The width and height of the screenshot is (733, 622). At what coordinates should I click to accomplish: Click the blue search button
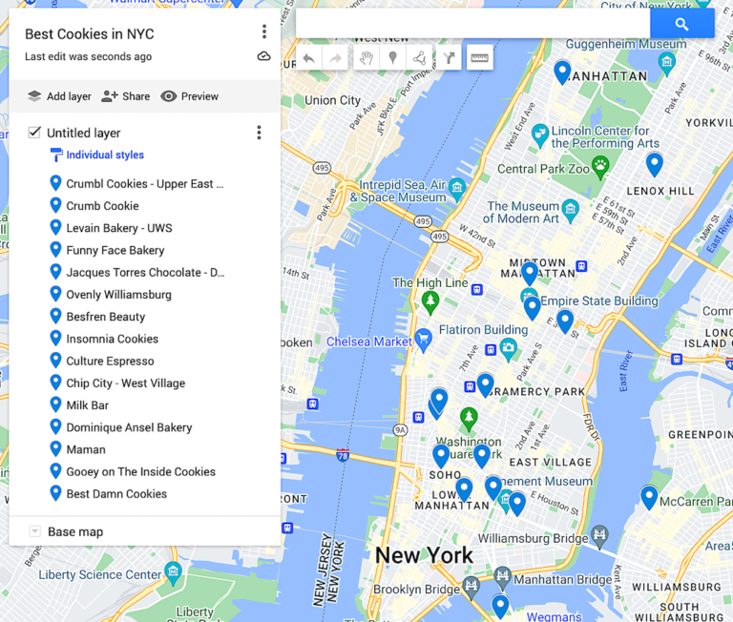[x=681, y=24]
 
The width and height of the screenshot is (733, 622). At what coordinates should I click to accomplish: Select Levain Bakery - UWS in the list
[x=118, y=228]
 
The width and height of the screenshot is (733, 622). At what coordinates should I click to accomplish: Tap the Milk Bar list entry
[x=87, y=405]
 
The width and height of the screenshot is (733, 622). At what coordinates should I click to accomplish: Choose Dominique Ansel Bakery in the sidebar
[x=129, y=427]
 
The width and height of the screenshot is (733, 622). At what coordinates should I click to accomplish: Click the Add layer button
[x=59, y=96]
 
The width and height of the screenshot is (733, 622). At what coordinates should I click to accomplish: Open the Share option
[x=126, y=96]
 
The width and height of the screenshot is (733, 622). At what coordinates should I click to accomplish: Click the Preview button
[x=190, y=96]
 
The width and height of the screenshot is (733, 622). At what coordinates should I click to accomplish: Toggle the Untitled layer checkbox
[x=34, y=133]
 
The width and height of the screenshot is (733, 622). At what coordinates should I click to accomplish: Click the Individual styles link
[x=104, y=155]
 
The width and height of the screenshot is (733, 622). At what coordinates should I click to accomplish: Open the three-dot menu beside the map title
[x=264, y=32]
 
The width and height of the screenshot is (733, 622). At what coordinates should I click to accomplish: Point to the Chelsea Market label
[x=368, y=342]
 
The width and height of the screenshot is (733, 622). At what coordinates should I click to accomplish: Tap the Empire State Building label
[x=599, y=301]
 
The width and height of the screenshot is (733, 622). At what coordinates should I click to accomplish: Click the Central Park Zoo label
[x=542, y=169]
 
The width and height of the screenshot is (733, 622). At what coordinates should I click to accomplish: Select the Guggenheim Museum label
[x=625, y=44]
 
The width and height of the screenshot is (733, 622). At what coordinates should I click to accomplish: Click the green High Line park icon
[x=430, y=302]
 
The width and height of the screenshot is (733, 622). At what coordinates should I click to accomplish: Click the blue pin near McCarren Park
[x=649, y=496]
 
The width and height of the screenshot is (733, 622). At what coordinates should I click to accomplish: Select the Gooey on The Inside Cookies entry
[x=140, y=471]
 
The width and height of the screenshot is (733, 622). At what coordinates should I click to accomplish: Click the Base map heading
[x=75, y=531]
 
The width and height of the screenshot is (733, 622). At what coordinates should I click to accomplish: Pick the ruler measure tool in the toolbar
[x=479, y=57]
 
